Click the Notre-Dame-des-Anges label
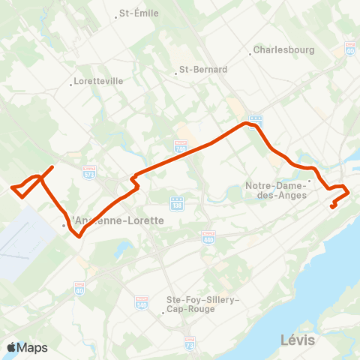278,190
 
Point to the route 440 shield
208,237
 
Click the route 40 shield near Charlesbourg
351,47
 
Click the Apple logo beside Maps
11,347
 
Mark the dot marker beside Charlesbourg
250,52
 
